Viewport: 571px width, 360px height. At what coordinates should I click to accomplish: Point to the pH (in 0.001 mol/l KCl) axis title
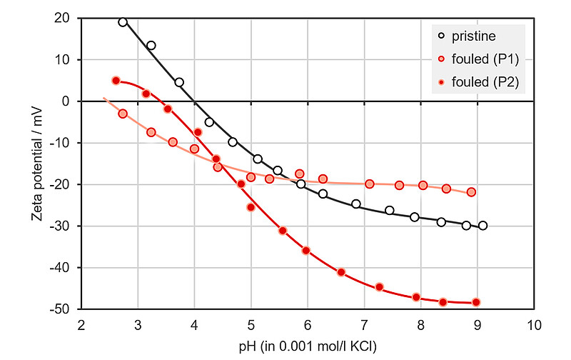(307, 346)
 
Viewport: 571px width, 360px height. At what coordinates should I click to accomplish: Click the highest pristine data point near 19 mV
(123, 22)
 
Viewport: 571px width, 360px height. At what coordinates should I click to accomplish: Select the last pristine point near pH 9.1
(483, 226)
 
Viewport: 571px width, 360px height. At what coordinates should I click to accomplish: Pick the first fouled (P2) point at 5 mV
(116, 81)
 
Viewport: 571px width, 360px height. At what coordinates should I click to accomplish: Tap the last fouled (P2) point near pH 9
(476, 302)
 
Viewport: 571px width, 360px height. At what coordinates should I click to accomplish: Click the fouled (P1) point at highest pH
(471, 192)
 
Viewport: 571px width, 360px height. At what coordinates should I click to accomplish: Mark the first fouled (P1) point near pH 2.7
(123, 114)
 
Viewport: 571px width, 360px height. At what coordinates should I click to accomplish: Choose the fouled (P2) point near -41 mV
(341, 272)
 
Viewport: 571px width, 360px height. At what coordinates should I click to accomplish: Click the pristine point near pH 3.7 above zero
(179, 82)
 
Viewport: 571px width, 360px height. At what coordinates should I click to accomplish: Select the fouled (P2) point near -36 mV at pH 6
(306, 251)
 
